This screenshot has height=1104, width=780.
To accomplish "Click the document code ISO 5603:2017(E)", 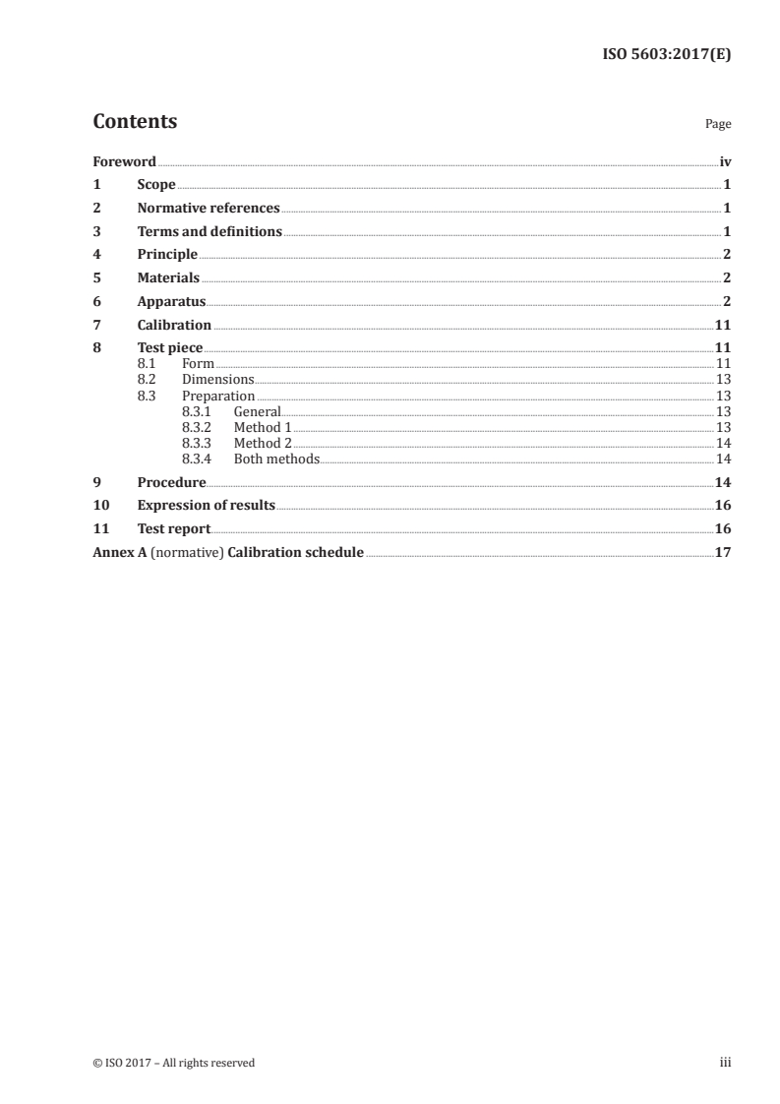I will point(666,55).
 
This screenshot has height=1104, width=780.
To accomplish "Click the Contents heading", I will point(135,122).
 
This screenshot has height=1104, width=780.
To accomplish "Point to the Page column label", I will point(718,125).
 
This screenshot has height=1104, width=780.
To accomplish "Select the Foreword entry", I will point(124,161).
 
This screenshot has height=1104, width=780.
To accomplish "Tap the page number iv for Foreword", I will point(725,161).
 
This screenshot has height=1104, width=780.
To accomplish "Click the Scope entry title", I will point(156,185).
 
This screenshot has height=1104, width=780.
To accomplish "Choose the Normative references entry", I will point(209,209).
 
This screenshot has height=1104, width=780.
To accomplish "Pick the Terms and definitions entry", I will point(210,232).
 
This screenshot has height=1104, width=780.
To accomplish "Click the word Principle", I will point(167,255).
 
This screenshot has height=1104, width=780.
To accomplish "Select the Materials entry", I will point(168,278).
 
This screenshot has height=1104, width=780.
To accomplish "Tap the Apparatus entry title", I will point(171,302).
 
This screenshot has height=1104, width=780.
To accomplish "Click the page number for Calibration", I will point(722,325).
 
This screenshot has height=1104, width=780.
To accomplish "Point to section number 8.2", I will point(147,379).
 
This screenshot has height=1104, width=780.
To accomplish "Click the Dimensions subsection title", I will point(218,379).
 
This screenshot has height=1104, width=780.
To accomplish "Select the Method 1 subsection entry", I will point(263,427).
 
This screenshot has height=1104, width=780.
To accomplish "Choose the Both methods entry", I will point(276,459).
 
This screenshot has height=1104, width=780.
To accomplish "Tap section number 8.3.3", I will point(198,443).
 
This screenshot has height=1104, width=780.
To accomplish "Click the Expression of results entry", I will point(206,506).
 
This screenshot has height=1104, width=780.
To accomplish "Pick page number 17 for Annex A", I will point(722,552).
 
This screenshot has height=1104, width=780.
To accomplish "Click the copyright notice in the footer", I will point(173,1063).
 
